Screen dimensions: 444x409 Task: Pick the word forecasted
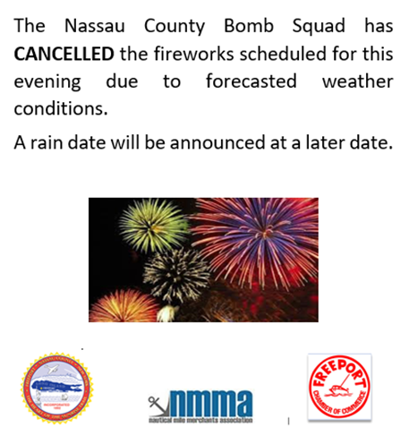tap(228, 81)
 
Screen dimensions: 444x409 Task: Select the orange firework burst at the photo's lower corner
tap(115, 304)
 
